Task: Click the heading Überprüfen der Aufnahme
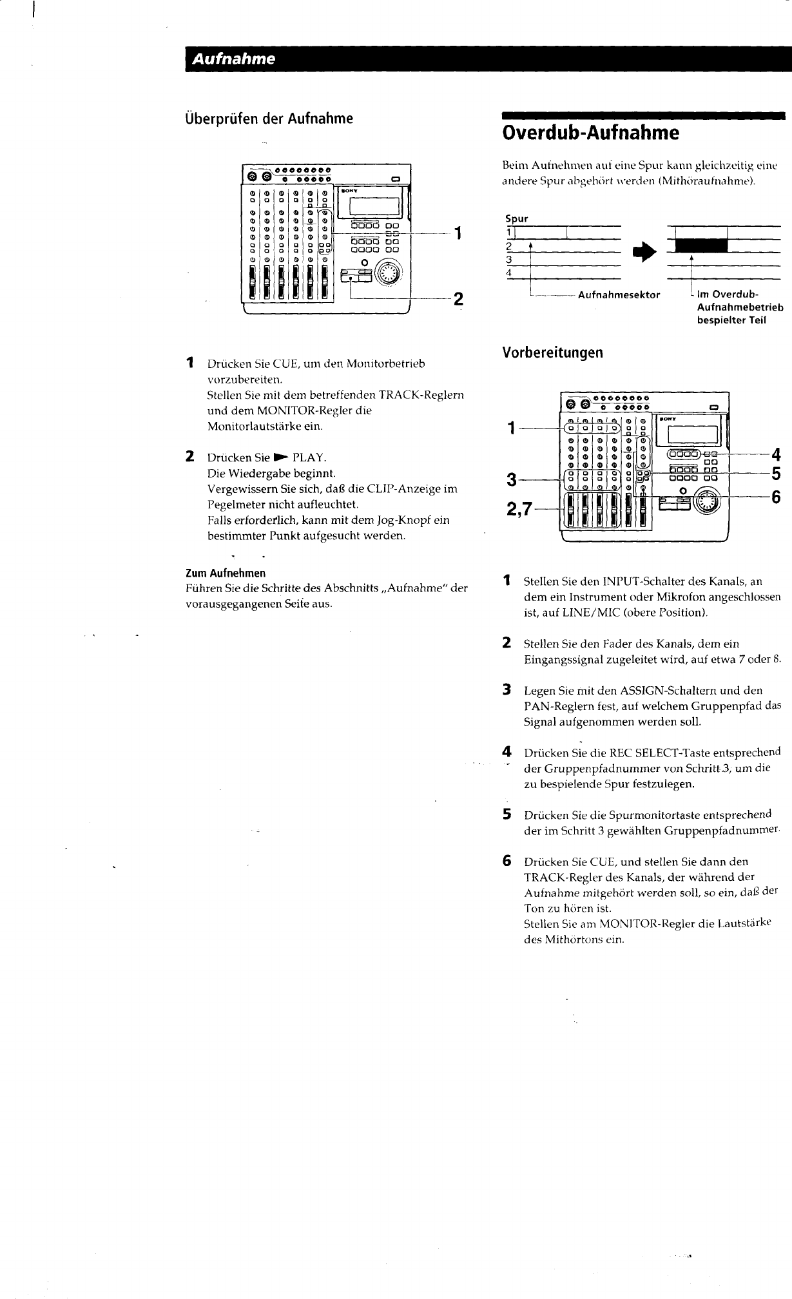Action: pyautogui.click(x=269, y=119)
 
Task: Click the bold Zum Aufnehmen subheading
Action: pyautogui.click(x=225, y=573)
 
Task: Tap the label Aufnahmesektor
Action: pyautogui.click(x=619, y=295)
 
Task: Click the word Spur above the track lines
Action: pyautogui.click(x=517, y=219)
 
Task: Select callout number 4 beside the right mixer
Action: pyautogui.click(x=776, y=453)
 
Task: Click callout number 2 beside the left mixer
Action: pyautogui.click(x=458, y=299)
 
